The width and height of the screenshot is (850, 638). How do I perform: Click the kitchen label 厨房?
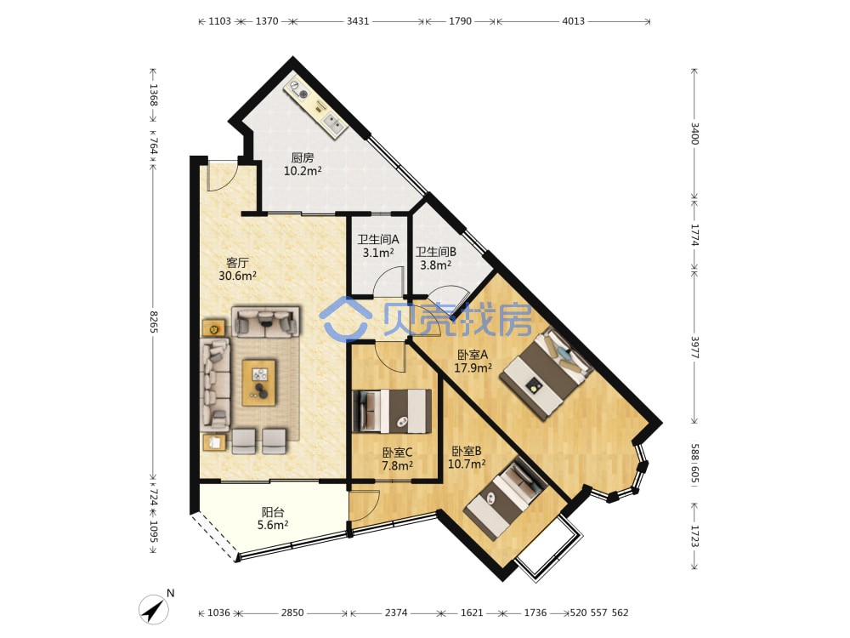point(303,158)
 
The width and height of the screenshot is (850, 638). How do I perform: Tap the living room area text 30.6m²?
point(237,276)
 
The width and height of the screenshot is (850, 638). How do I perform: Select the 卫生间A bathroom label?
point(378,239)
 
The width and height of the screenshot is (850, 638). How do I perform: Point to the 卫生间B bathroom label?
point(436,252)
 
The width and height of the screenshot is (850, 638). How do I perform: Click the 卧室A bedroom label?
point(473,355)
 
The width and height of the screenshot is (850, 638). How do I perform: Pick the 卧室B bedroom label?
point(467,451)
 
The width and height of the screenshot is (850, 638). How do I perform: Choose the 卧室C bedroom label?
point(397,453)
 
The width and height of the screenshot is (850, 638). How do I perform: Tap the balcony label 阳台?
point(273,512)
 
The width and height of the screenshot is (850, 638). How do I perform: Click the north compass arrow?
point(154,609)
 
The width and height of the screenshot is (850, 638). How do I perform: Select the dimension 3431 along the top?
point(358,21)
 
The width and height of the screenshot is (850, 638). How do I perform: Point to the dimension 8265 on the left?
point(153,322)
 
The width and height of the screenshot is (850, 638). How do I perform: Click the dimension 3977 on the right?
point(695,347)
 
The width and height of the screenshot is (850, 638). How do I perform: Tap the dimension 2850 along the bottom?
point(292,612)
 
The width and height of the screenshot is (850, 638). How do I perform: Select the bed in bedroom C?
point(392,411)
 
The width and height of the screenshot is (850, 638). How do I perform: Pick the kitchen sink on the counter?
point(334,123)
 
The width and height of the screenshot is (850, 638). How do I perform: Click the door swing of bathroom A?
point(388,280)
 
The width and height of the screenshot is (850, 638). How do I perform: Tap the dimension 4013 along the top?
point(573,21)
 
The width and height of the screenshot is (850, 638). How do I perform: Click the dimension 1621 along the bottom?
point(472,612)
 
